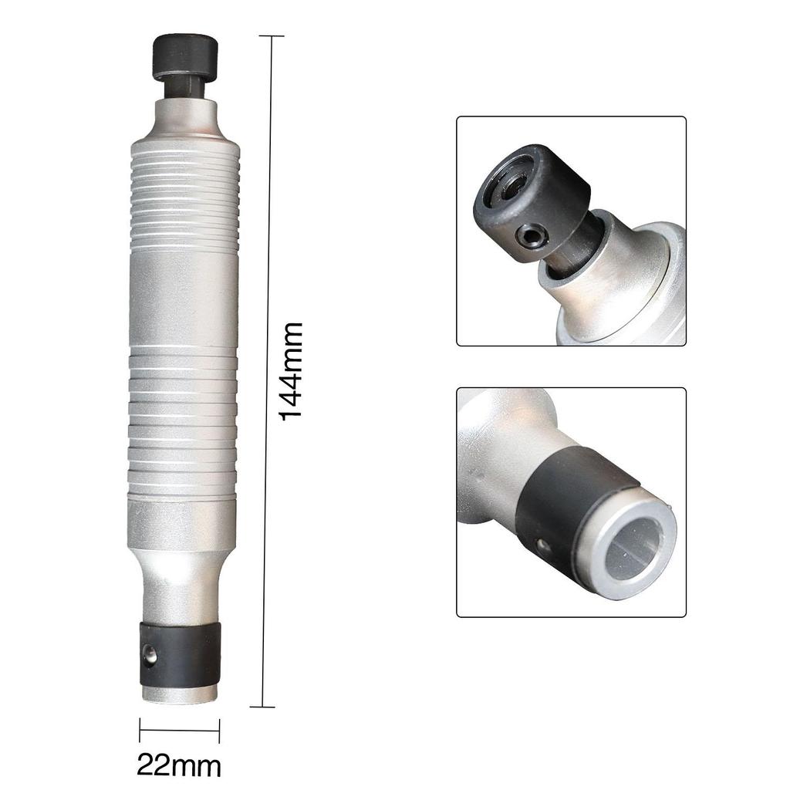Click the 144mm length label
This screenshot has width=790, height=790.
(x=291, y=372)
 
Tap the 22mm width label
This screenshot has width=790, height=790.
(x=179, y=765)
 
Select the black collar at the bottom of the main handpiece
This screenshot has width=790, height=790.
(x=181, y=655)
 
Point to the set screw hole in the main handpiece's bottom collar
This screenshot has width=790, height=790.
(x=150, y=654)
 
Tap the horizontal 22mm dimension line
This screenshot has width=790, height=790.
(x=179, y=729)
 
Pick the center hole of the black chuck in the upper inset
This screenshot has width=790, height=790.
(x=512, y=186)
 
